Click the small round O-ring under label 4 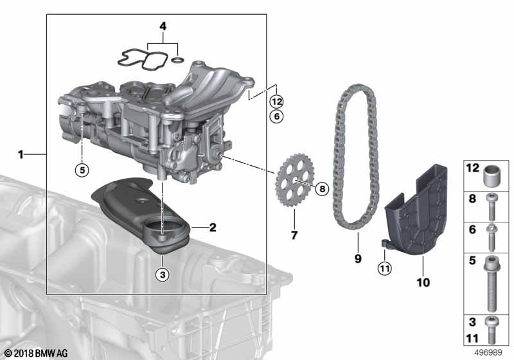coord(178,61)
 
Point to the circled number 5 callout coord(82,170)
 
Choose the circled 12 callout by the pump coord(276,101)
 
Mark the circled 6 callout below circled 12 coord(276,116)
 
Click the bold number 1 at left coord(21,154)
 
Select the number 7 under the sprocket coord(294,235)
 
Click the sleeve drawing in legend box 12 coord(493,174)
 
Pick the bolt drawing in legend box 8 coord(493,206)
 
